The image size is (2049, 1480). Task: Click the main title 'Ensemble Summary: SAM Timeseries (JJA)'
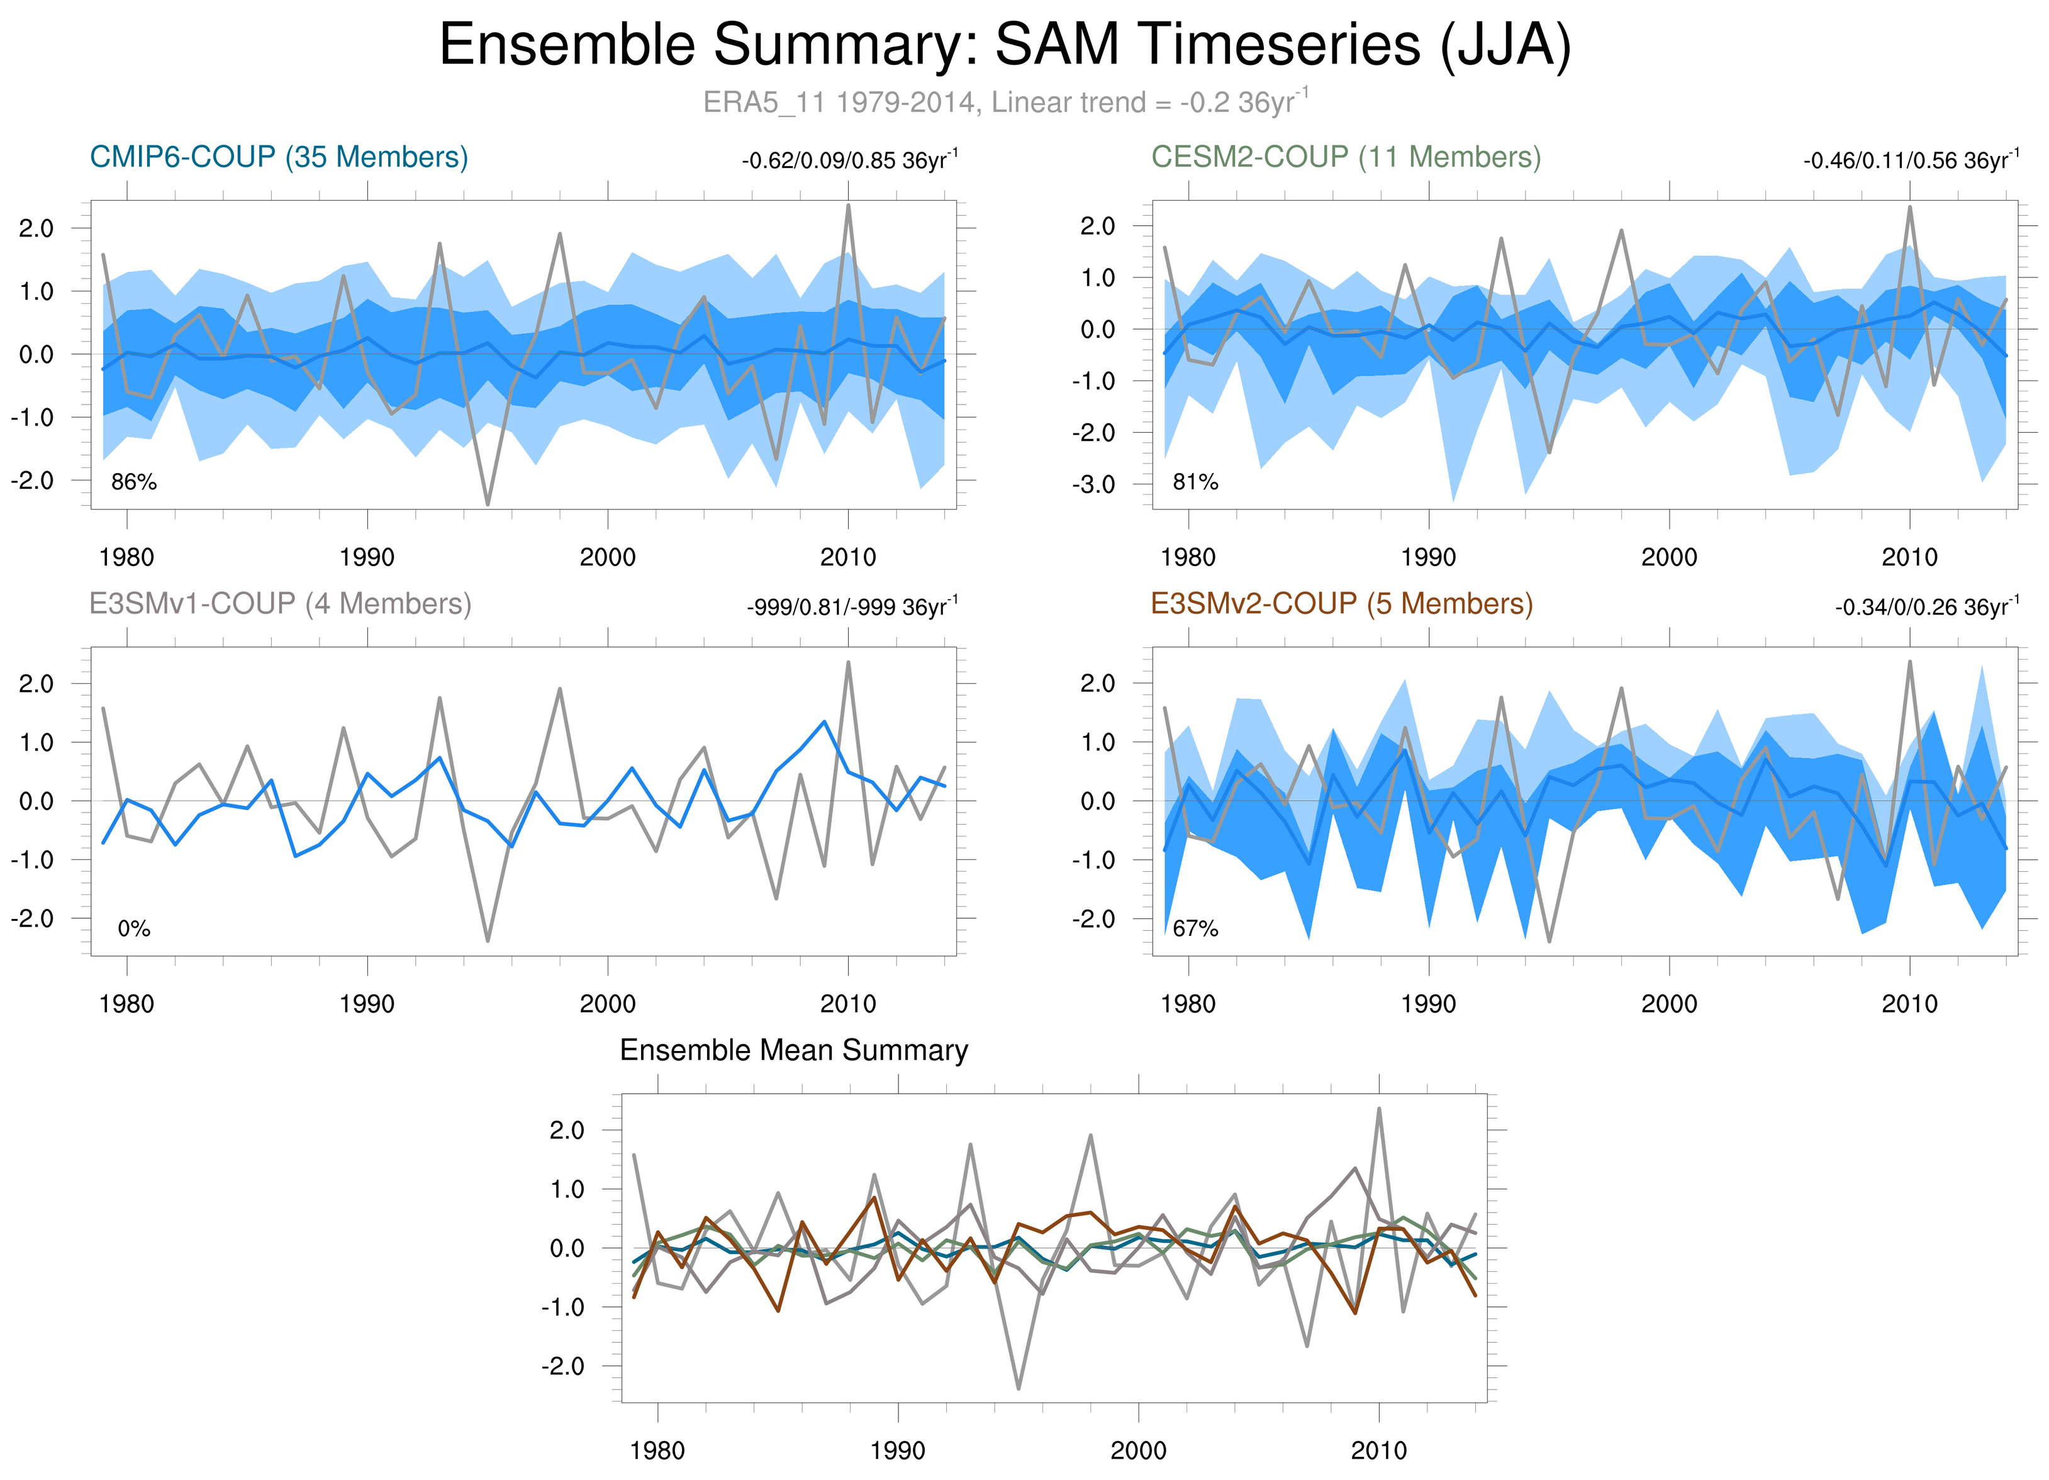[x=1005, y=45]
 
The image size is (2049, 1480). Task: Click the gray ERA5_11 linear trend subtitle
[x=1005, y=102]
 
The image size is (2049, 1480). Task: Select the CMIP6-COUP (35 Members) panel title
[x=278, y=157]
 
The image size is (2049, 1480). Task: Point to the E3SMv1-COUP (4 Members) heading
[x=280, y=603]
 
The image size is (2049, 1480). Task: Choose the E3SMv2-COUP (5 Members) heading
[x=1342, y=603]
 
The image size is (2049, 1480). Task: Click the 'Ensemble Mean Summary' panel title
[x=793, y=1050]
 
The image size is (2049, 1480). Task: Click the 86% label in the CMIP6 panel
[x=134, y=482]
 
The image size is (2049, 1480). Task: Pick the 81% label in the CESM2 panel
[x=1195, y=482]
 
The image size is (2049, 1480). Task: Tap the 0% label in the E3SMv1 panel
[x=134, y=928]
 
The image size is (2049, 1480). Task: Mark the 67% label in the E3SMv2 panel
[x=1195, y=928]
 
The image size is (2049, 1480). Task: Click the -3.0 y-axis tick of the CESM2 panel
[x=1094, y=485]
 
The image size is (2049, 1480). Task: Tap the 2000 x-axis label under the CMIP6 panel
[x=607, y=557]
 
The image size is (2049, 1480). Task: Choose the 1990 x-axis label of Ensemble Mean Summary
[x=897, y=1450]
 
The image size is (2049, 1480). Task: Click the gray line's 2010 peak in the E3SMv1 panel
[x=848, y=663]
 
